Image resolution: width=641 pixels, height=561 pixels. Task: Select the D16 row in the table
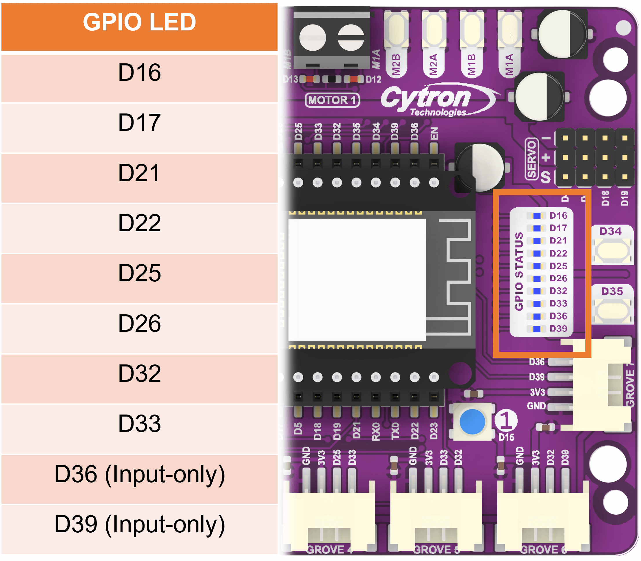tap(139, 73)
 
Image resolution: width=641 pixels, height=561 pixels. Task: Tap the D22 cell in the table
tap(139, 223)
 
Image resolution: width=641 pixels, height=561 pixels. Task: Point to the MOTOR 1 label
tap(332, 100)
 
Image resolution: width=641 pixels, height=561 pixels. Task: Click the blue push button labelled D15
tap(472, 422)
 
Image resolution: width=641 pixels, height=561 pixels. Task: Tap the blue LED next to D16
tap(537, 216)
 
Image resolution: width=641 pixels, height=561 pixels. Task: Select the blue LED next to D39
tap(537, 329)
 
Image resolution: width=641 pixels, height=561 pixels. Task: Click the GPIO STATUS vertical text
tap(519, 271)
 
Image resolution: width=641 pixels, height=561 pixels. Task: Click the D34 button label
tap(610, 231)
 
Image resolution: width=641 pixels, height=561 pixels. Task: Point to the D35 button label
tap(612, 291)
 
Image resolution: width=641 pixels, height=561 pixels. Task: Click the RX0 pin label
tap(376, 431)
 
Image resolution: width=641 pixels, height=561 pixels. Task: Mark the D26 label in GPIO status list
tap(558, 278)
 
